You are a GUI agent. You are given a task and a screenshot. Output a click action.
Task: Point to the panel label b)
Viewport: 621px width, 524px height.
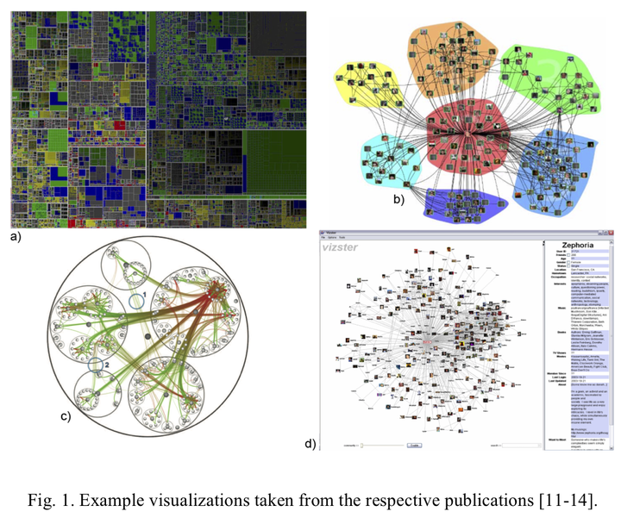398,200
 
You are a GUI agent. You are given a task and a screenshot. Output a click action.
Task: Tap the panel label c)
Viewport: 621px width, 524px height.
65,416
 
